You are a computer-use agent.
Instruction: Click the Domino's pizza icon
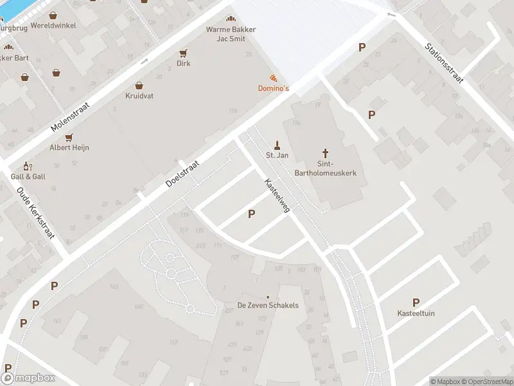point(274,77)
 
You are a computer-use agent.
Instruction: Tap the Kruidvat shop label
point(139,96)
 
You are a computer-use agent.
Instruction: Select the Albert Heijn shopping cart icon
point(69,137)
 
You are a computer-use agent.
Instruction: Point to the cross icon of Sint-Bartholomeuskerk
point(326,153)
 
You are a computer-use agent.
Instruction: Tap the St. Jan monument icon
point(277,144)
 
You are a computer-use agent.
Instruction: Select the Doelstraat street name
point(182,174)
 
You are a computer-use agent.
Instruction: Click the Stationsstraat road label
point(444,64)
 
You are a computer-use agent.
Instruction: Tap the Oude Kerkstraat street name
point(35,213)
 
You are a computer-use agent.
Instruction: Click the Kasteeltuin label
point(416,313)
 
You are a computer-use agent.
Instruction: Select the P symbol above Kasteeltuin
point(416,302)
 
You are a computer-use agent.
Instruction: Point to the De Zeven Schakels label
point(268,305)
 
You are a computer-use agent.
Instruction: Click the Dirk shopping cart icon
point(184,53)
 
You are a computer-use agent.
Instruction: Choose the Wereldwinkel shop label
point(52,25)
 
